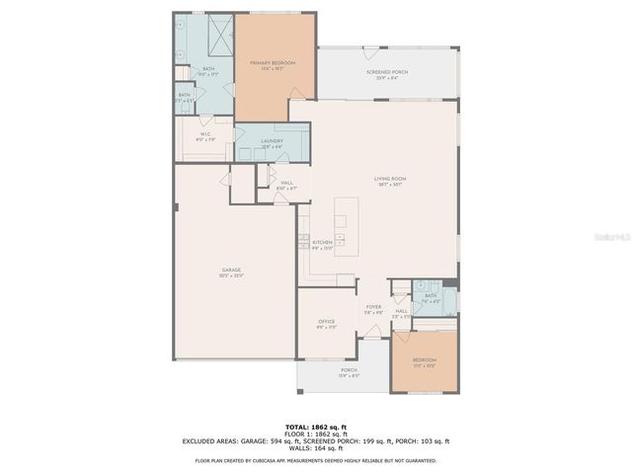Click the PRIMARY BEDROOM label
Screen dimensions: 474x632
click(274, 64)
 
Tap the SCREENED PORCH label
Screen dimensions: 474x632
click(387, 74)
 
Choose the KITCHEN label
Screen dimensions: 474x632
click(323, 245)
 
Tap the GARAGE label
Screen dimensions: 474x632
click(232, 272)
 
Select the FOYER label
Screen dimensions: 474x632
click(373, 309)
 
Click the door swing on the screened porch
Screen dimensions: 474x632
click(370, 49)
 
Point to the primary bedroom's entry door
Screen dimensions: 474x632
click(296, 96)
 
